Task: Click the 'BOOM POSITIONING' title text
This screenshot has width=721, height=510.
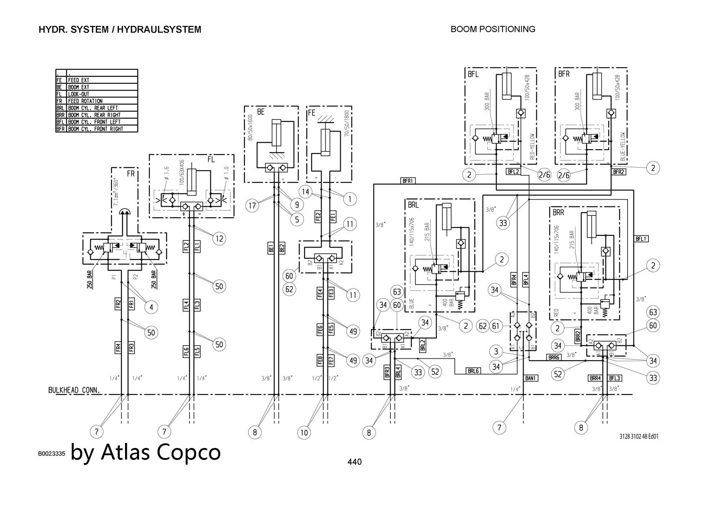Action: tap(493, 29)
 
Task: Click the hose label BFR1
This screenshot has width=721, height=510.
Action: tap(407, 181)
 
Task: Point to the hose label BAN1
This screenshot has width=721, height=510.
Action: tap(531, 378)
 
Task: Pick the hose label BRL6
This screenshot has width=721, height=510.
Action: tap(473, 371)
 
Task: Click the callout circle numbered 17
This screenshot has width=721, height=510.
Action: tap(252, 206)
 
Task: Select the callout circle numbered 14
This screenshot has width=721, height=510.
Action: tap(306, 192)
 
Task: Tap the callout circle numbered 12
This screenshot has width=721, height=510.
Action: tap(219, 238)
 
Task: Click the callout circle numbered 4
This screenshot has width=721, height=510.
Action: tap(151, 307)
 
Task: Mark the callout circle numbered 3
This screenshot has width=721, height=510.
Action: tap(496, 351)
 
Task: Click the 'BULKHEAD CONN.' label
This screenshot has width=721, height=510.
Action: tap(74, 390)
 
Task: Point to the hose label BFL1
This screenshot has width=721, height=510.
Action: tap(641, 239)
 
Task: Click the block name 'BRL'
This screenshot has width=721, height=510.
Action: tap(413, 205)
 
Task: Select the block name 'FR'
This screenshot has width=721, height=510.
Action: tap(131, 174)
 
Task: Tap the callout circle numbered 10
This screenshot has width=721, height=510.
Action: tap(304, 432)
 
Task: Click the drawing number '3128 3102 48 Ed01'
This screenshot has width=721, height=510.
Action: tap(639, 436)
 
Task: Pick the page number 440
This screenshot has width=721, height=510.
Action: tap(354, 462)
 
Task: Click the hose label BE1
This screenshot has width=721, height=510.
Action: tap(271, 248)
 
